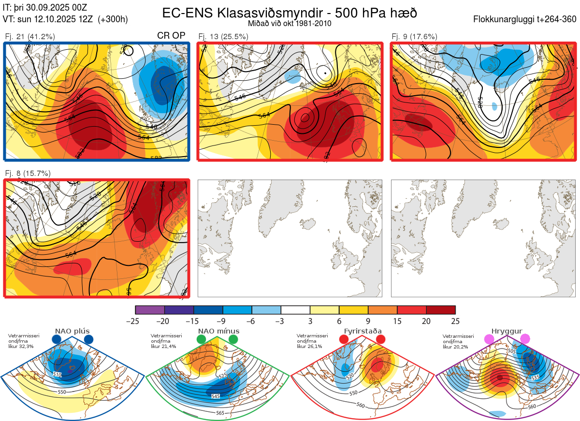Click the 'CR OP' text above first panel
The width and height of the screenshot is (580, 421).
[171, 36]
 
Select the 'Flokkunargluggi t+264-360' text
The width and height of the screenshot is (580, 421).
[526, 19]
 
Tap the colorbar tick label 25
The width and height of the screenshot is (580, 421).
[455, 321]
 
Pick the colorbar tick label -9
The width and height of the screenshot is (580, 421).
[223, 321]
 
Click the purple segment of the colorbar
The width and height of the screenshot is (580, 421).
[150, 310]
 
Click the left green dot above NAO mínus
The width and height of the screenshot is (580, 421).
[202, 340]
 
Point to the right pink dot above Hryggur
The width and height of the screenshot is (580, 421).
[525, 340]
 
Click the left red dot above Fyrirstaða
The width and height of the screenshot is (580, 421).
[344, 340]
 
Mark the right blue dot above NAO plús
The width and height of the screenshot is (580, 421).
[88, 340]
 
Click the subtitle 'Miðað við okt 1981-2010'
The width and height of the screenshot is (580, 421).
[289, 23]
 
